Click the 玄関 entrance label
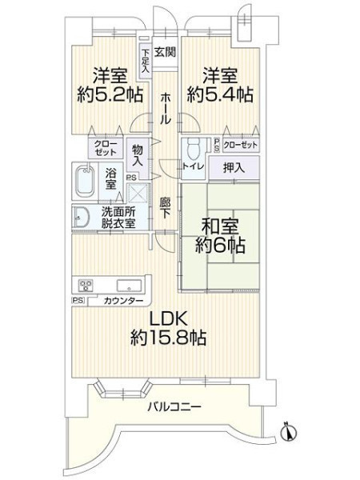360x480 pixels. [165, 52]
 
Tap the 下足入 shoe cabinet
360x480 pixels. [146, 61]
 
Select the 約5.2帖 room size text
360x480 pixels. [110, 94]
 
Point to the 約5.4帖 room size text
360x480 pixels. [220, 94]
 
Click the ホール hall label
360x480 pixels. [165, 109]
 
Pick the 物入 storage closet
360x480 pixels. [138, 156]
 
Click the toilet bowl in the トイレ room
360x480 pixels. [193, 149]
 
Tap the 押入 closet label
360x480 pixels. [234, 167]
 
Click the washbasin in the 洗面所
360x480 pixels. [81, 218]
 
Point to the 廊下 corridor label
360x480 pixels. [165, 208]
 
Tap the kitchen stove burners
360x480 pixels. [86, 286]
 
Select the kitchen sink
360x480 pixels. [129, 286]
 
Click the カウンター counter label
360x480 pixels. [123, 301]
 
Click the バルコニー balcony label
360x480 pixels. [174, 407]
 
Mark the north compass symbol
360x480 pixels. [288, 432]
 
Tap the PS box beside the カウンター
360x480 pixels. [78, 301]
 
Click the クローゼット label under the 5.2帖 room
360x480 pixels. [106, 148]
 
